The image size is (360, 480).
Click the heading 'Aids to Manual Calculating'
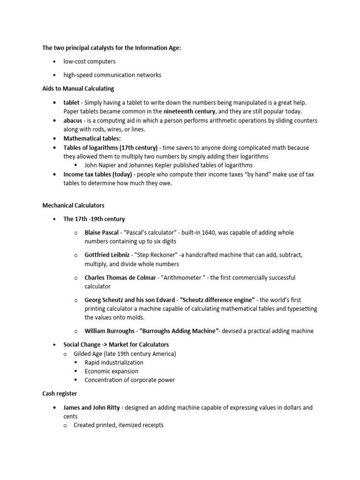pyautogui.click(x=78, y=88)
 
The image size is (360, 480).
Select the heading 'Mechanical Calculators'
pyautogui.click(x=73, y=205)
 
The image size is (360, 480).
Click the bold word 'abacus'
pyautogui.click(x=73, y=120)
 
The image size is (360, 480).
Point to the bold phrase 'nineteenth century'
pyautogui.click(x=189, y=112)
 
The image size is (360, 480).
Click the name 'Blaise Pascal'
pyautogui.click(x=102, y=232)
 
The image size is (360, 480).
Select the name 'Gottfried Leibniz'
pyautogui.click(x=107, y=255)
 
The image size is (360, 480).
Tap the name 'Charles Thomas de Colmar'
pyautogui.click(x=120, y=277)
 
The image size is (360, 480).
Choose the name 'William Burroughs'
pyautogui.click(x=110, y=331)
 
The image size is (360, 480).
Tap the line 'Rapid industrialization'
pyautogui.click(x=114, y=362)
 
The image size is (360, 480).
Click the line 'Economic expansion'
pyautogui.click(x=111, y=371)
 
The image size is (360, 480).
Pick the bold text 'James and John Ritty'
pyautogui.click(x=92, y=407)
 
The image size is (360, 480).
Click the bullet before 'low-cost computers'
pyautogui.click(x=55, y=61)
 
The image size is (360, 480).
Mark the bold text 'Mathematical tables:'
pyautogui.click(x=92, y=139)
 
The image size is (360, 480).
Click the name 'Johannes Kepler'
pyautogui.click(x=149, y=165)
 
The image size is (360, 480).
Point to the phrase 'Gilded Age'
pyautogui.click(x=90, y=353)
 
